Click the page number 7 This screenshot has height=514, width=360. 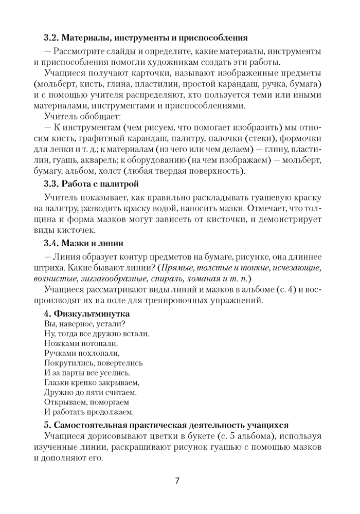(177, 481)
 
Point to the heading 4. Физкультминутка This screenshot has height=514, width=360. (87, 313)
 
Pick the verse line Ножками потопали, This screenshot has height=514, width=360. (81, 343)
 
